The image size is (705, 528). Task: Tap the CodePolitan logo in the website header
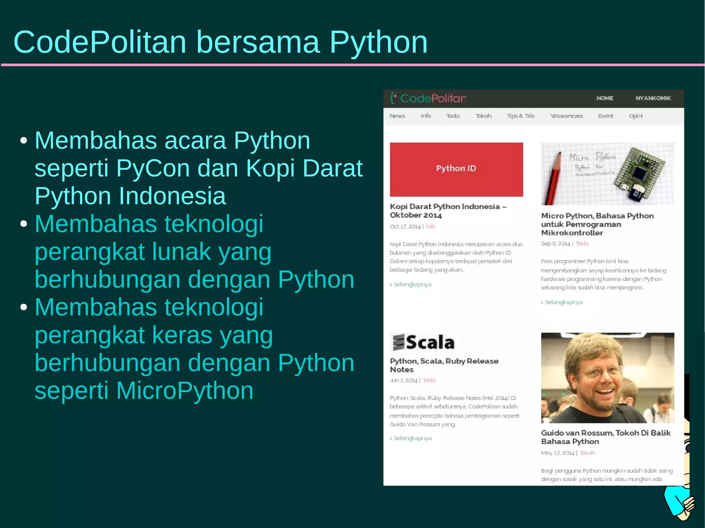[x=428, y=98]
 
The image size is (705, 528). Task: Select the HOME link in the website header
[x=604, y=98]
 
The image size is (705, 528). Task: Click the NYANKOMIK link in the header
[x=653, y=98]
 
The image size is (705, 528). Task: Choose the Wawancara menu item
[x=566, y=116]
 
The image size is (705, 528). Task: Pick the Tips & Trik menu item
[x=520, y=116]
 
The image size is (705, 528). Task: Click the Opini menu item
[x=635, y=116]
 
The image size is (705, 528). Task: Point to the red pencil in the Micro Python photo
[x=553, y=179]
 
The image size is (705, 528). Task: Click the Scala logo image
[x=424, y=342]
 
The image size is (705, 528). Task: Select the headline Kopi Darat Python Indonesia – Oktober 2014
[x=448, y=211]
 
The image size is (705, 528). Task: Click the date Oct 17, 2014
[x=405, y=226]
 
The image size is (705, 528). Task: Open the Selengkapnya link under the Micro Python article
[x=563, y=302]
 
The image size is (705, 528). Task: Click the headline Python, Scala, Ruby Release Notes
[x=444, y=365]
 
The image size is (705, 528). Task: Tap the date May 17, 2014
[x=557, y=453]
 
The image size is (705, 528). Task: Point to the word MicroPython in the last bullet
[x=185, y=391]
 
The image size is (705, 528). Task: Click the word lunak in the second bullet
[x=181, y=251]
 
